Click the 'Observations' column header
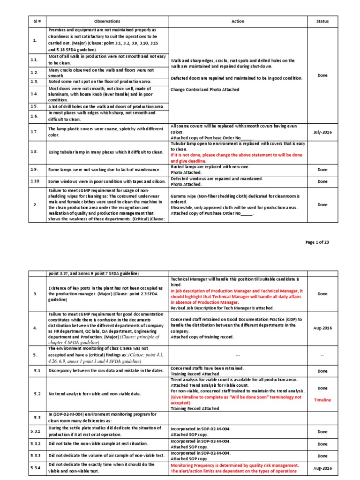(x=107, y=21)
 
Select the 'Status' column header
(x=322, y=21)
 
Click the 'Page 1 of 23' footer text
(x=317, y=242)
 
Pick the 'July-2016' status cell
(x=322, y=132)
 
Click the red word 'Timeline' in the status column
(x=322, y=400)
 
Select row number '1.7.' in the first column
(x=35, y=132)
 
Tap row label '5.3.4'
(x=36, y=468)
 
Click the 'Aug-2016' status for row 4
(x=322, y=328)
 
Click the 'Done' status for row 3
(x=322, y=294)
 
